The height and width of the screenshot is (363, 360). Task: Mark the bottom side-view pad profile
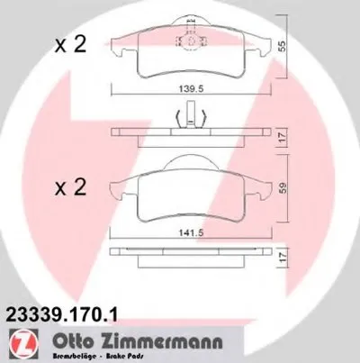click(x=188, y=256)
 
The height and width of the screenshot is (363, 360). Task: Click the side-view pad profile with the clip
click(x=188, y=135)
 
